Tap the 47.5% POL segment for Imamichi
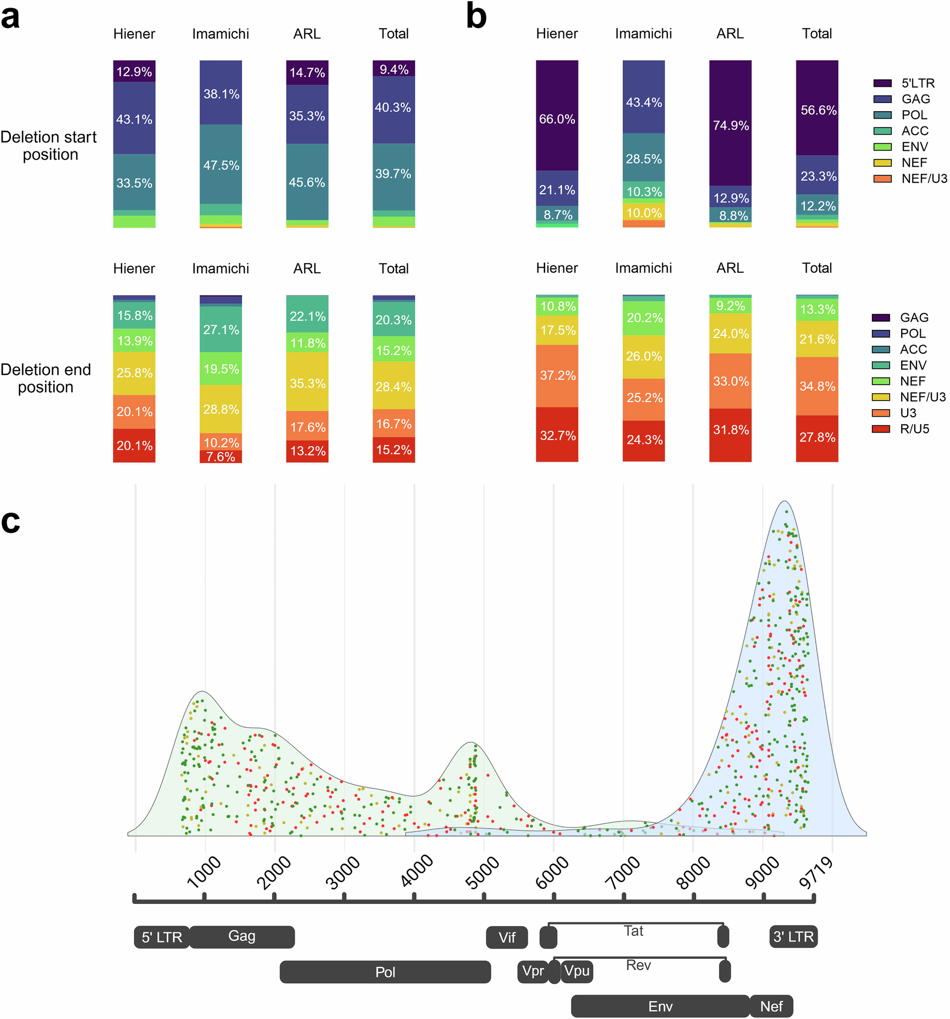(x=220, y=164)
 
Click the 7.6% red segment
(x=220, y=456)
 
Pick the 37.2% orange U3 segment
(x=556, y=375)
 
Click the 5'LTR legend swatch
(x=882, y=83)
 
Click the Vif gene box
(x=506, y=937)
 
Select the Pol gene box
(x=385, y=972)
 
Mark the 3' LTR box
(x=793, y=937)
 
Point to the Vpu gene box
(x=577, y=971)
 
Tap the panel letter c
(x=11, y=521)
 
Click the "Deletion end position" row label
(x=46, y=378)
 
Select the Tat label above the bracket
(x=633, y=931)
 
